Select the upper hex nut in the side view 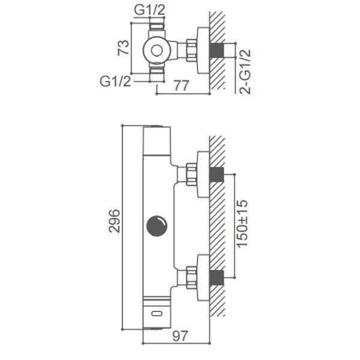pyautogui.click(x=192, y=174)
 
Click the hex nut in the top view pyautogui.click(x=192, y=50)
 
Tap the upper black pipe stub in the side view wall pyautogui.click(x=217, y=175)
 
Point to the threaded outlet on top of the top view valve pyautogui.click(x=157, y=26)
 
